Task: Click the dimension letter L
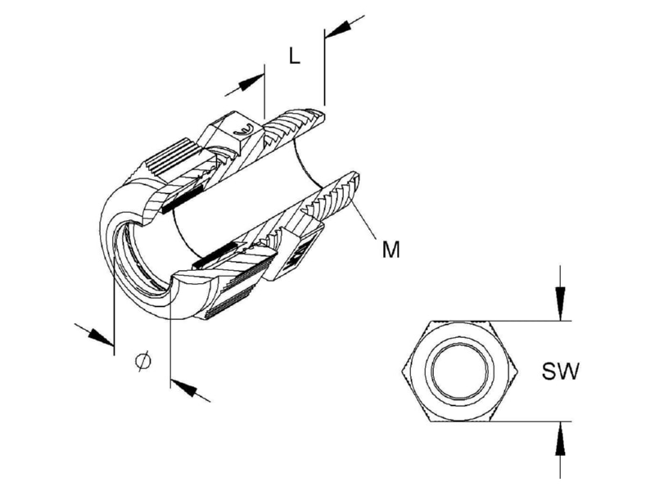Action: point(295,56)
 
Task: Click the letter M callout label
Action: point(391,250)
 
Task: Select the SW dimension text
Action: point(560,372)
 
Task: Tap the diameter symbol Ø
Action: point(143,362)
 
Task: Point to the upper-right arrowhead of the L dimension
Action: point(338,29)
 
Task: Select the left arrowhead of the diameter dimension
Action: point(101,336)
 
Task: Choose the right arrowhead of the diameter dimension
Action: point(183,388)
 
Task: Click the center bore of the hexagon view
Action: point(460,372)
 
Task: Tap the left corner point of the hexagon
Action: point(401,372)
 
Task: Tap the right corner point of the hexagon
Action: point(518,372)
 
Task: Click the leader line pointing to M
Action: point(364,220)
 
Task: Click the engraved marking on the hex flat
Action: point(244,131)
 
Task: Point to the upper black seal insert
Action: point(183,200)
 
